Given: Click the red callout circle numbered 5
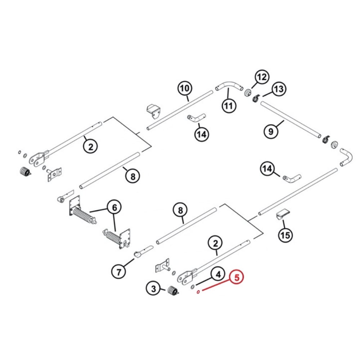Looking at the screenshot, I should [237, 278].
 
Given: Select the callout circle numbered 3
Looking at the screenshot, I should [153, 288].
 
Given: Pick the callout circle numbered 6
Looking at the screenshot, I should [114, 207].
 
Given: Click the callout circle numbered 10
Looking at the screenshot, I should [184, 88].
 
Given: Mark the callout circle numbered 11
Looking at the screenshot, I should [229, 106].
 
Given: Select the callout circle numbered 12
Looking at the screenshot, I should [262, 77].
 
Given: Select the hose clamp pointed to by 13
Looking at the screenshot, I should [256, 98].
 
